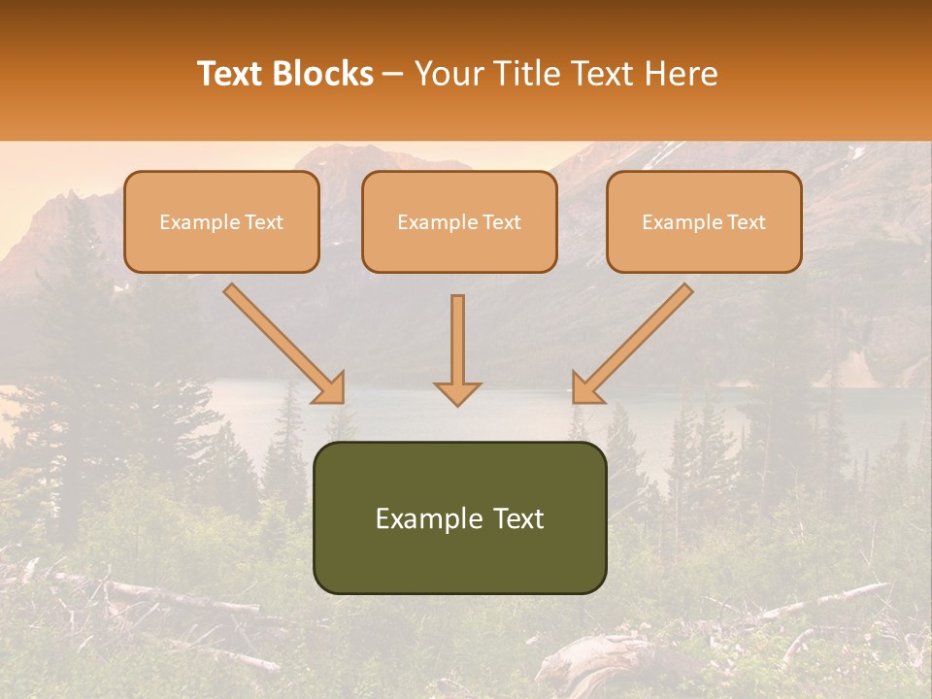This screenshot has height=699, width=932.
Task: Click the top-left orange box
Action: point(221,221)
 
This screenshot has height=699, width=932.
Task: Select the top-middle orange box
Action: point(459,221)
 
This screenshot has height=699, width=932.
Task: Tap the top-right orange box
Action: point(704,221)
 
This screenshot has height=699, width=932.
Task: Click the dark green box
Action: point(459,517)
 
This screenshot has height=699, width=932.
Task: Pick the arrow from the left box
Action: point(282,342)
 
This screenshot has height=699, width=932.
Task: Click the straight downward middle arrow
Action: point(457,345)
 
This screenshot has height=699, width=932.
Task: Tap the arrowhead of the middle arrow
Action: point(457,392)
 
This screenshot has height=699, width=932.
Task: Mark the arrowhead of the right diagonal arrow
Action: point(585,388)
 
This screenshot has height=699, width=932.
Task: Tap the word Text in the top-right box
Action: point(746,222)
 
